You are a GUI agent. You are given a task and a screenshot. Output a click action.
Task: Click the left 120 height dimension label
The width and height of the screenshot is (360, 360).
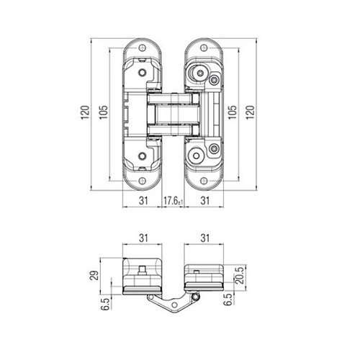coord(85,112)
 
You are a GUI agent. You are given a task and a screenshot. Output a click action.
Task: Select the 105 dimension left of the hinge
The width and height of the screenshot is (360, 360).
coord(104,112)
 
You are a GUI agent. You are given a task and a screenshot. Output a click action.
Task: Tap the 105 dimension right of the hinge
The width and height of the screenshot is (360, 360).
coord(232,112)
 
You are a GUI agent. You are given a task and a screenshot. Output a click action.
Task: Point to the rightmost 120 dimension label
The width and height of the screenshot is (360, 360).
coord(250,112)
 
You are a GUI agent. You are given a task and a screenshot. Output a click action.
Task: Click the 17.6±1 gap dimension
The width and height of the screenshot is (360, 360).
coord(174,201)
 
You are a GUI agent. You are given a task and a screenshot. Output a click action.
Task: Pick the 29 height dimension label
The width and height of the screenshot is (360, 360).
coord(95,275)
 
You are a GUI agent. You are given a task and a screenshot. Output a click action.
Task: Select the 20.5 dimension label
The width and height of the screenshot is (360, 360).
coord(240,275)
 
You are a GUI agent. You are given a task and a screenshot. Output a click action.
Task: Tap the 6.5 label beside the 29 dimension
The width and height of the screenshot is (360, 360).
coord(106,304)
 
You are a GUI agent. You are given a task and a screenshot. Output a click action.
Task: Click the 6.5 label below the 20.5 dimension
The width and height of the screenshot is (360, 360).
coord(228,300)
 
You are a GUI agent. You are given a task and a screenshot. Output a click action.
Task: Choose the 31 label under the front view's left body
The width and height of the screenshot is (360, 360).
coord(143,201)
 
